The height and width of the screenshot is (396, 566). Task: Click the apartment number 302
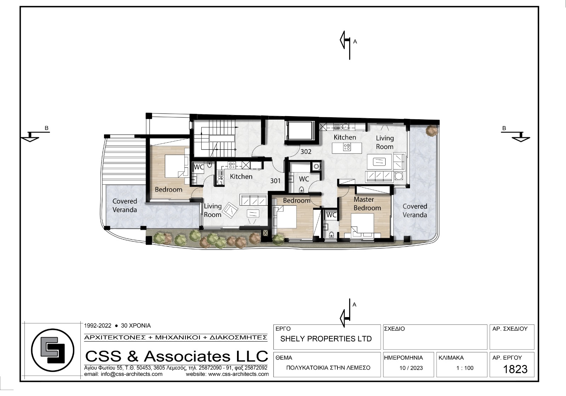[306, 151]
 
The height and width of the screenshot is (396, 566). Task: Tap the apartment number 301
[276, 181]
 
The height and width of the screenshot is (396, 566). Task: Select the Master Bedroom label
[367, 204]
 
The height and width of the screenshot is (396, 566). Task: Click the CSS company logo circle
[53, 350]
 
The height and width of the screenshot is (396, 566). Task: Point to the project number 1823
[515, 369]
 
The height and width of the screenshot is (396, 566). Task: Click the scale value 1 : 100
[465, 368]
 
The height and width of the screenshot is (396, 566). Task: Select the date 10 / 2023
[411, 368]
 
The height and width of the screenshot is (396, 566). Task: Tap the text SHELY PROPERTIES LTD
[326, 339]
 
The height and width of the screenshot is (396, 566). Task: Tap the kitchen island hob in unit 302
[347, 147]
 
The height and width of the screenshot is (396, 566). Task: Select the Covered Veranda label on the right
[415, 211]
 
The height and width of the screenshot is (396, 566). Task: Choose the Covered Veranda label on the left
[125, 206]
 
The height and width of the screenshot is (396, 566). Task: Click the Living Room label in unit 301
[213, 210]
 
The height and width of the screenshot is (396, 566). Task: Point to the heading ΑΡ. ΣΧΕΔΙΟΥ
[510, 329]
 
